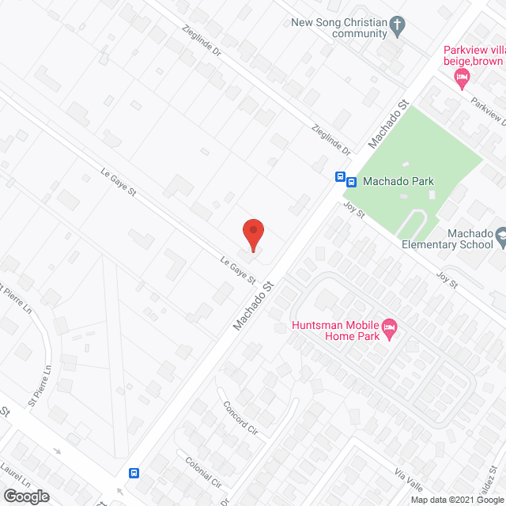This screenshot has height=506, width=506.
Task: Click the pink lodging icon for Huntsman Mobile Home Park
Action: pyautogui.click(x=389, y=326)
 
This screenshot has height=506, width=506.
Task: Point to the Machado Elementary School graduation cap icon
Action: pyautogui.click(x=500, y=235)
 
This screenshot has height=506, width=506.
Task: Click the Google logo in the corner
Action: pyautogui.click(x=25, y=496)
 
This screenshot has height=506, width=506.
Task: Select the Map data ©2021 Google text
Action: pyautogui.click(x=455, y=500)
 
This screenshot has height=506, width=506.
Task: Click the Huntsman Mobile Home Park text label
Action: pyautogui.click(x=335, y=330)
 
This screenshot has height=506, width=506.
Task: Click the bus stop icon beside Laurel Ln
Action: pyautogui.click(x=134, y=473)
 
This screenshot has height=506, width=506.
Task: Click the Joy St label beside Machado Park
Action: pyautogui.click(x=353, y=210)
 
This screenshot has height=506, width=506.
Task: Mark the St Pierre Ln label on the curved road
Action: pyautogui.click(x=40, y=385)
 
